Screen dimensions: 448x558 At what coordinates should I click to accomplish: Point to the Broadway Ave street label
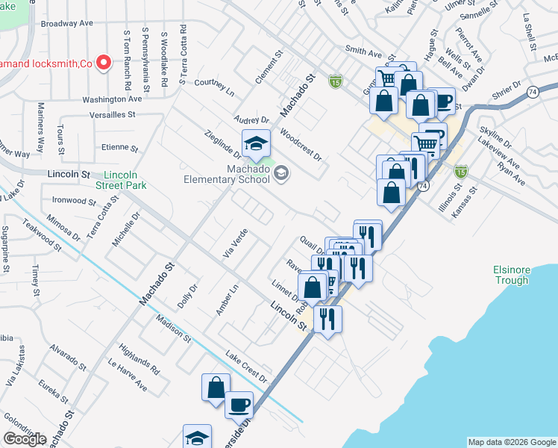click(x=66, y=23)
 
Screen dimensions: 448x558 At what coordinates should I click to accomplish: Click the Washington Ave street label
click(x=112, y=99)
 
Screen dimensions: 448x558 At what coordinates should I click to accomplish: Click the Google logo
click(x=25, y=439)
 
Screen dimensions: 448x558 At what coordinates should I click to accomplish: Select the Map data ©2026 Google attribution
click(x=511, y=442)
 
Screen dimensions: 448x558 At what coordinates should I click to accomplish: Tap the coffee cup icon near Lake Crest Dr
click(x=239, y=405)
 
